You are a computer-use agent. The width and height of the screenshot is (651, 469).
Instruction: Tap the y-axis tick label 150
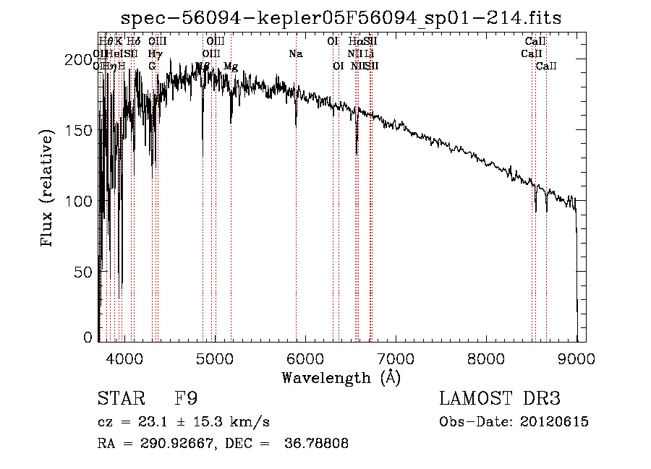[x=82, y=130]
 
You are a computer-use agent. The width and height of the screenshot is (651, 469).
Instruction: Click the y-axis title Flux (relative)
[x=48, y=189]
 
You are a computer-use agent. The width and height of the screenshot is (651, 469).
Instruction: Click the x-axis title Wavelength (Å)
[x=341, y=377]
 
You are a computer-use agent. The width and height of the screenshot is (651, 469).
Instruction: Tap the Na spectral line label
[x=295, y=54]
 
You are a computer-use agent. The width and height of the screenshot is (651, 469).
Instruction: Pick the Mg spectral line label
[x=231, y=66]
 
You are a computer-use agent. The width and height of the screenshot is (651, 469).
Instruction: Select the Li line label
[x=369, y=54]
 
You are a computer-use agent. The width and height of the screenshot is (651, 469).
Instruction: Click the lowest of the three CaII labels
[x=546, y=66]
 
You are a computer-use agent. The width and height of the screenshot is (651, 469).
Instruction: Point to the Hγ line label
[x=153, y=54]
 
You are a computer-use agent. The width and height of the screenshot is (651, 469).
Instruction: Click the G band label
[x=152, y=66]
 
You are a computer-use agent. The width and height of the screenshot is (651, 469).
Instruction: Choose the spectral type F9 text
[x=186, y=399]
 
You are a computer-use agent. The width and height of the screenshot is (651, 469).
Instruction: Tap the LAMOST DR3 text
[x=500, y=399]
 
